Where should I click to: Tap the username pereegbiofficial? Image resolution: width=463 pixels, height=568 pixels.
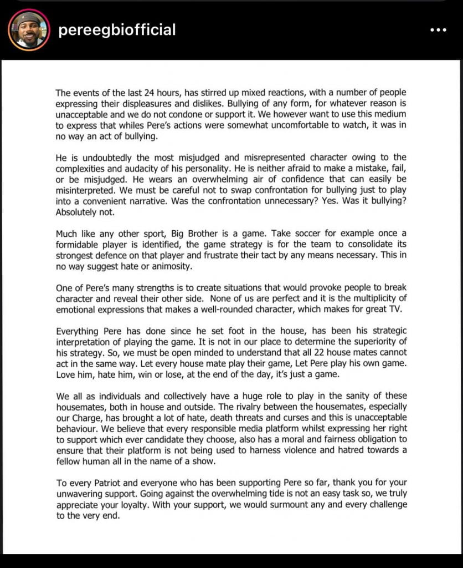pos(117,30)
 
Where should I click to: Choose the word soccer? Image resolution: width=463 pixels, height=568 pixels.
pos(294,234)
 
